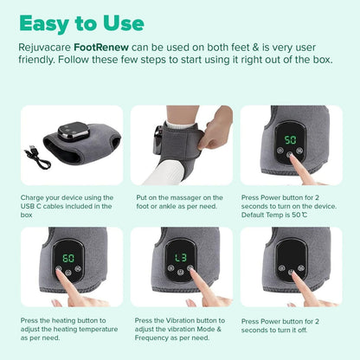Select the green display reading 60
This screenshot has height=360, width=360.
tap(67, 258)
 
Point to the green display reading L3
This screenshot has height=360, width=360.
tap(180, 258)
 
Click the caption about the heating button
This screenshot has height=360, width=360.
tap(67, 328)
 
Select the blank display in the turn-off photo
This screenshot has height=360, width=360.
tap(292, 257)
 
